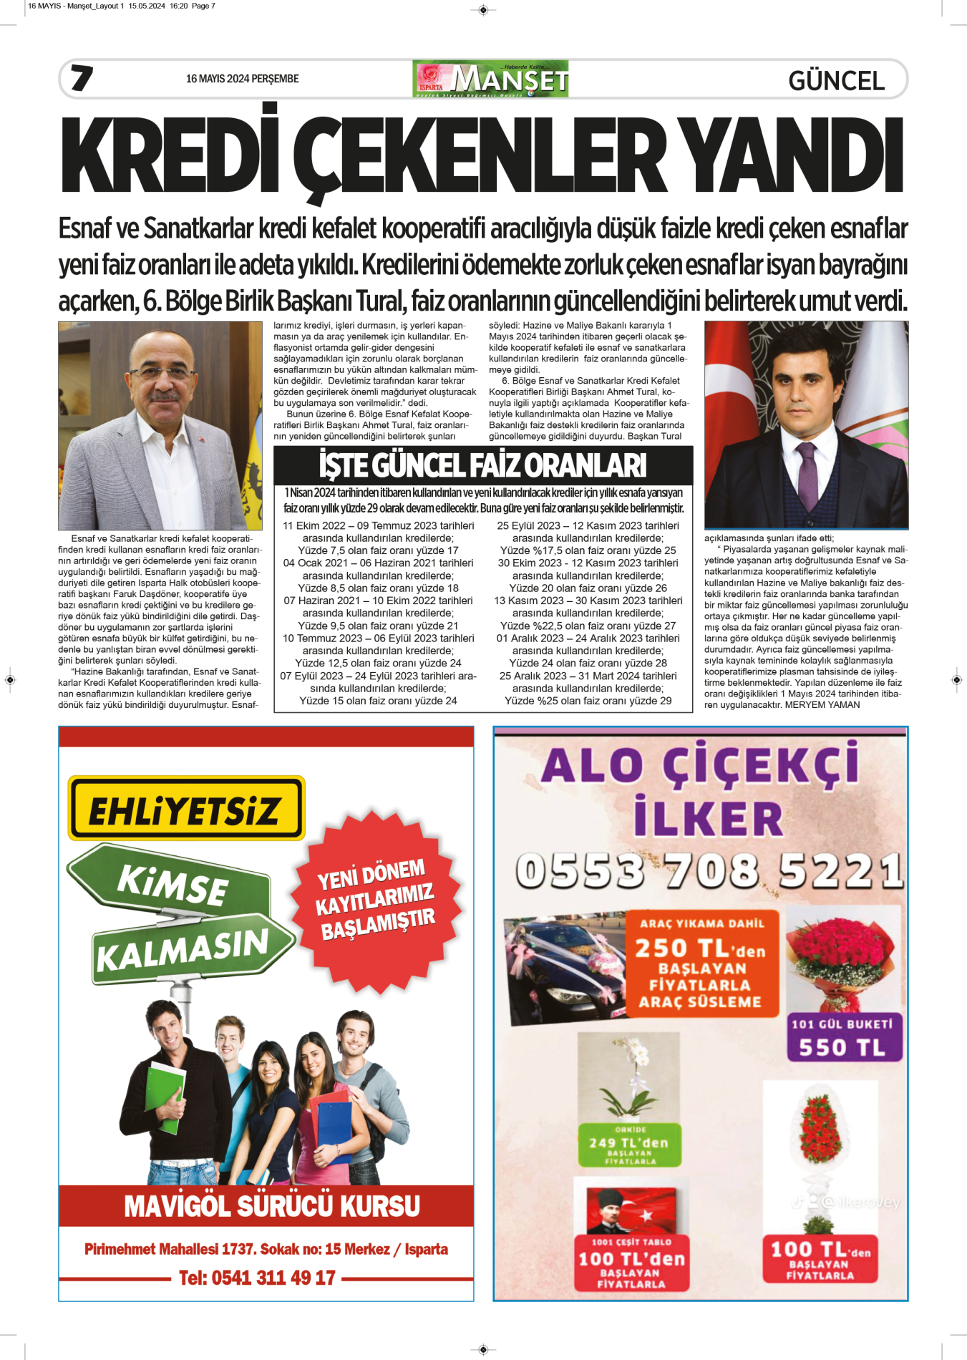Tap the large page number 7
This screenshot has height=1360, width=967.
[82, 78]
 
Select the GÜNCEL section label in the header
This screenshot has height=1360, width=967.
[836, 81]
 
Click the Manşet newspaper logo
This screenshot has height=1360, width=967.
[491, 79]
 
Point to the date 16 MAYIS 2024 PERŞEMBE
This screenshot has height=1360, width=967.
[242, 79]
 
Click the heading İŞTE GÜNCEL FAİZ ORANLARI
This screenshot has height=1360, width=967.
[483, 466]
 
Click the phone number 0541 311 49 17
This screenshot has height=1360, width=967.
[257, 1278]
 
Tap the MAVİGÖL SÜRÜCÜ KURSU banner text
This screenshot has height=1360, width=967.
[272, 1206]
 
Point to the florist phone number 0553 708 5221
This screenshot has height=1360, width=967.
[709, 871]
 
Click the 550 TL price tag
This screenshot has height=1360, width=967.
[843, 1047]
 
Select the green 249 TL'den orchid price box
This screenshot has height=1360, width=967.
[629, 1143]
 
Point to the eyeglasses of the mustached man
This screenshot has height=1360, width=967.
[160, 373]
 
